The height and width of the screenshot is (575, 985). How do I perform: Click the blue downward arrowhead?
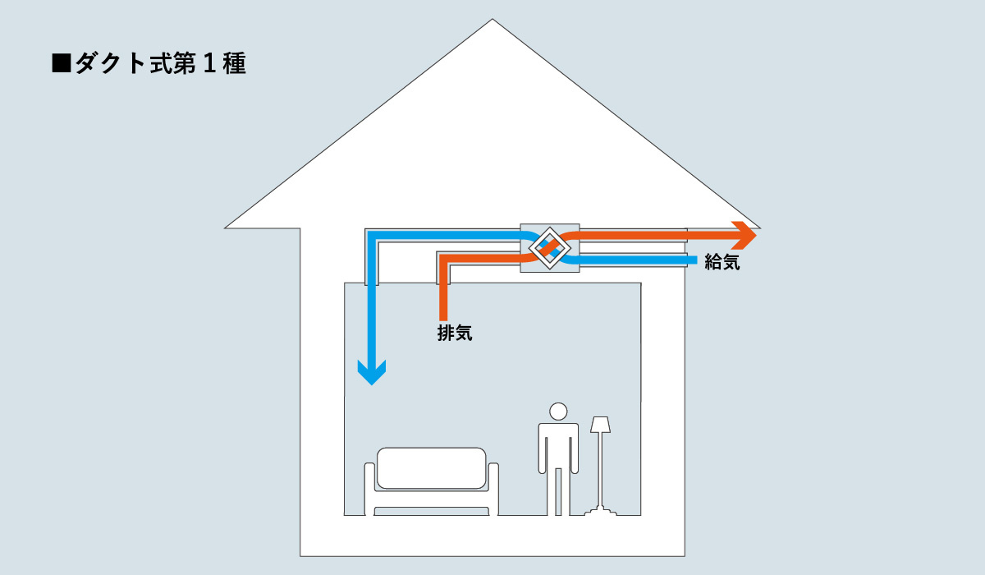(372, 373)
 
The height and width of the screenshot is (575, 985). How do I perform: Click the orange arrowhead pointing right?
(744, 235)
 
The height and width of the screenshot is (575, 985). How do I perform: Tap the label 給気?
(722, 263)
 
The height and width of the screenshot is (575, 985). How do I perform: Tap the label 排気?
(455, 333)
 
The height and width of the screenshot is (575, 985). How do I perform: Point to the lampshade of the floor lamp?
(601, 425)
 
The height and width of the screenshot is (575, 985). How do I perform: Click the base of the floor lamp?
(601, 513)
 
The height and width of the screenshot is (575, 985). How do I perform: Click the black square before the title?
(62, 65)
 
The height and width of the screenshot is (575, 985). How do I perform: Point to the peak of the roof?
(492, 21)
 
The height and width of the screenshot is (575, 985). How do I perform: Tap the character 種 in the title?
(234, 65)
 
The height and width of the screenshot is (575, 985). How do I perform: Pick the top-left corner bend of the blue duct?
(373, 237)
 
